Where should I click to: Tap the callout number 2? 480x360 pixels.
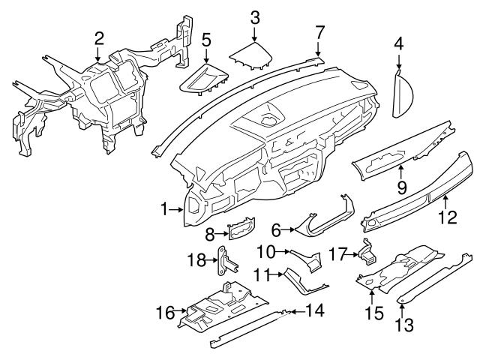click(98, 37)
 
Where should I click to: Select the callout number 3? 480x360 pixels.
click(255, 16)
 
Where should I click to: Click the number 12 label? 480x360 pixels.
click(447, 218)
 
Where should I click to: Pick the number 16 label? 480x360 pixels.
click(163, 312)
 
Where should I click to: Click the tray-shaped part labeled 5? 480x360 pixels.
click(204, 79)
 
